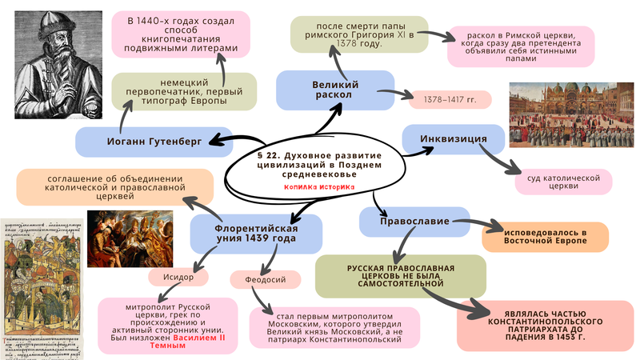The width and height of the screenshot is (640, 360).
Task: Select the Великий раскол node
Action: point(335,90)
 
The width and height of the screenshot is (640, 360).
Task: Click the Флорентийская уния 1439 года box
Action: point(255,234)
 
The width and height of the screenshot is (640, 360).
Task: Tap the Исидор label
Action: point(178,276)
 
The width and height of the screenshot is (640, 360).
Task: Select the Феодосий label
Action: point(265,279)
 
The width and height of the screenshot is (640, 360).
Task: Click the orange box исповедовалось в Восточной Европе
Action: point(544,236)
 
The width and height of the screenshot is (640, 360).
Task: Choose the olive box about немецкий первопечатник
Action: point(184,91)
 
